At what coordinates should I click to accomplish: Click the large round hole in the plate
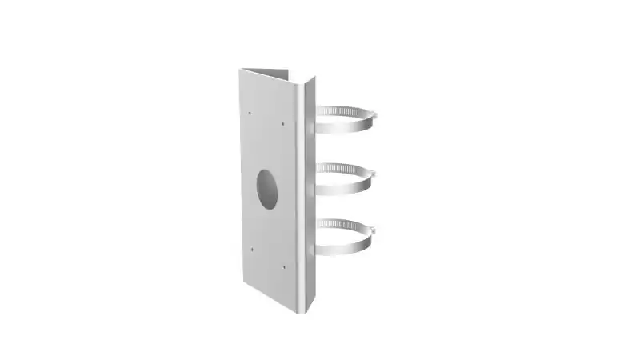click(266, 189)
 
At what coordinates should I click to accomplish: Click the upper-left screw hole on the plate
click(250, 113)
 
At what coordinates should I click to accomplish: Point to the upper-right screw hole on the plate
click(284, 123)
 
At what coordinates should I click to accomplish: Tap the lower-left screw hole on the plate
click(250, 249)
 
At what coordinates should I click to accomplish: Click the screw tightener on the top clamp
click(373, 117)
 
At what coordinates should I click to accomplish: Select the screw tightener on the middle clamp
click(373, 174)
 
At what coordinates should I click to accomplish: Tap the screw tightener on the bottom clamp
click(373, 230)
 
